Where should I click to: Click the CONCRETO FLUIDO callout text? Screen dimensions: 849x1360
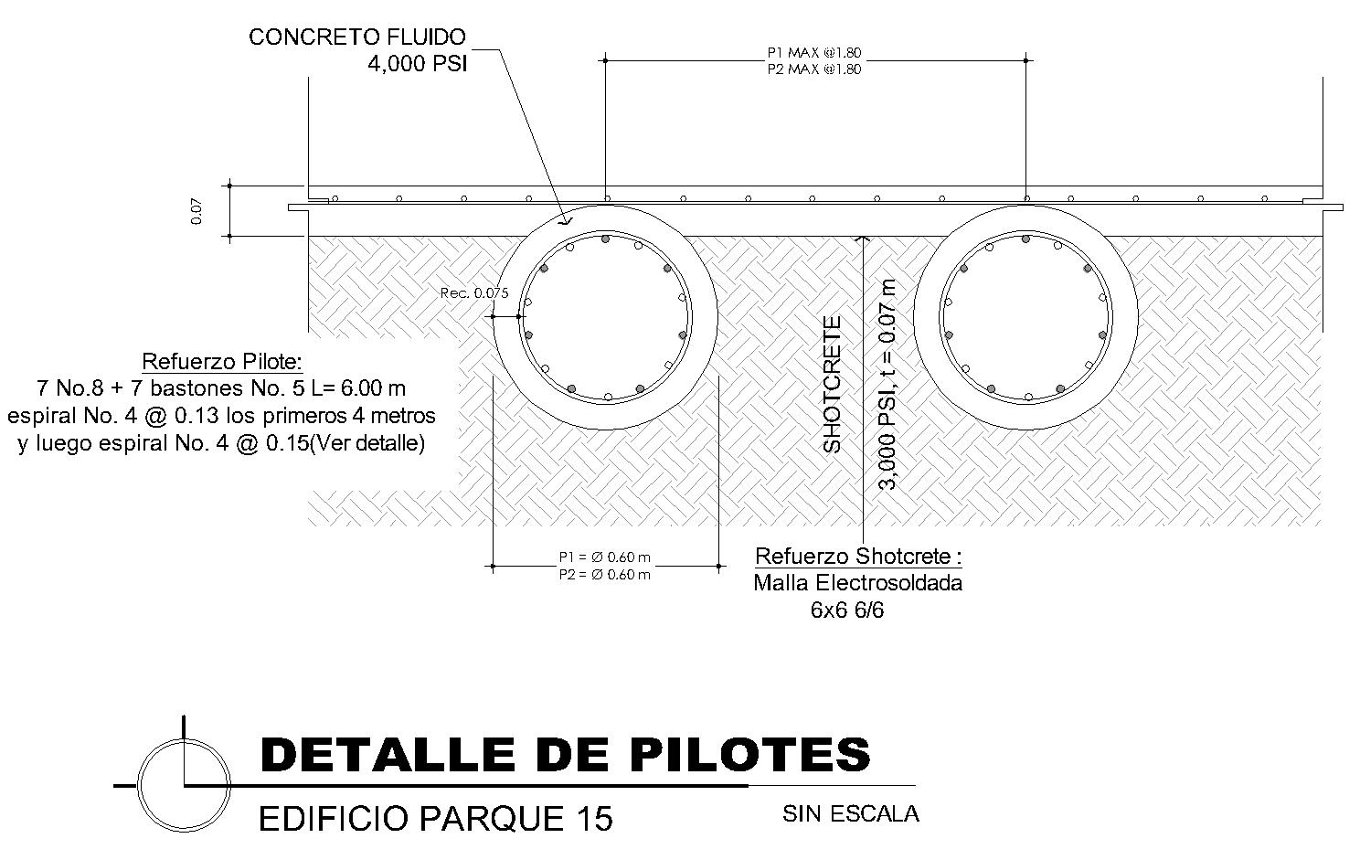(x=356, y=37)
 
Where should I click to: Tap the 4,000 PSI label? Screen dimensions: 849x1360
(x=417, y=65)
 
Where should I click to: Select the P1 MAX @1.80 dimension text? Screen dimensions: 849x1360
(x=813, y=53)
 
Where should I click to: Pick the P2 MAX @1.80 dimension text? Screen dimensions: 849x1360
(x=813, y=69)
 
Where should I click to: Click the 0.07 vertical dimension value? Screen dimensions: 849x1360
(x=197, y=212)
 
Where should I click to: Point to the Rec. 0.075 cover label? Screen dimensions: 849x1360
(x=474, y=293)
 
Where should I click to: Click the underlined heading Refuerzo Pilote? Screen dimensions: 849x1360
(x=221, y=360)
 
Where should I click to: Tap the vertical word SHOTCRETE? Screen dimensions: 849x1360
(x=832, y=384)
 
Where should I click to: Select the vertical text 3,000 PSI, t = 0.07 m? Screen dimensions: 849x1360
(x=887, y=384)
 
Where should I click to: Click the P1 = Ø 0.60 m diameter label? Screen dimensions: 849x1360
(x=605, y=557)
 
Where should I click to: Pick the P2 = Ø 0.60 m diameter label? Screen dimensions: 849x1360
(x=605, y=575)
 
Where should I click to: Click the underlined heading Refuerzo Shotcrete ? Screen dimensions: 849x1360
(x=857, y=557)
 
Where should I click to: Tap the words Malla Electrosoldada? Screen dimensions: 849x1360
(x=857, y=583)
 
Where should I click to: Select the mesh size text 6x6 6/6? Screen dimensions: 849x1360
(x=847, y=610)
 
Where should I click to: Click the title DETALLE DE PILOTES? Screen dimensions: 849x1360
(x=565, y=755)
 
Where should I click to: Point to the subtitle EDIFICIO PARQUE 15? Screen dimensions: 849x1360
(x=435, y=819)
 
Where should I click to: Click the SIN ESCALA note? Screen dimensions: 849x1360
(x=850, y=813)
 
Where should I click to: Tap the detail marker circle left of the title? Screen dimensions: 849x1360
(x=184, y=784)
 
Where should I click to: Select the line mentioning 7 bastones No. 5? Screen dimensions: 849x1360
(x=221, y=387)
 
